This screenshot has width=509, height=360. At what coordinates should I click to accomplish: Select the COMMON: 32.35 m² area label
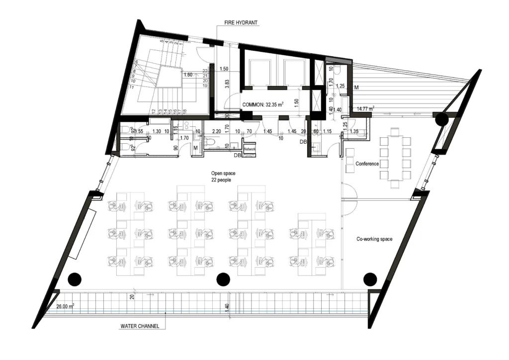click(262, 105)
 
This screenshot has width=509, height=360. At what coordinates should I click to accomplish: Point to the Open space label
click(223, 173)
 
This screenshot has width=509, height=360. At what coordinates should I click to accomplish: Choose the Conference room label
click(367, 164)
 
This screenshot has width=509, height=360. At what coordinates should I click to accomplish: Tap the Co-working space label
click(374, 239)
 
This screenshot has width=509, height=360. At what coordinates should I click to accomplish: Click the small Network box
click(249, 149)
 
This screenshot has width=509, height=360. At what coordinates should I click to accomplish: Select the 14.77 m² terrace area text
click(365, 108)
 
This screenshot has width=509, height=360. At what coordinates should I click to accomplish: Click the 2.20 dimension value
click(216, 132)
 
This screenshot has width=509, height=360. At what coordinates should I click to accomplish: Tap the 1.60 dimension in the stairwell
click(188, 75)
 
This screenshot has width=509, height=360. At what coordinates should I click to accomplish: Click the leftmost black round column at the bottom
click(75, 279)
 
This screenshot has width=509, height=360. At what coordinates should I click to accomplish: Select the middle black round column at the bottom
click(223, 279)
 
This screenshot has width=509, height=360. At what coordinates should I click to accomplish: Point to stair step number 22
click(205, 71)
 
